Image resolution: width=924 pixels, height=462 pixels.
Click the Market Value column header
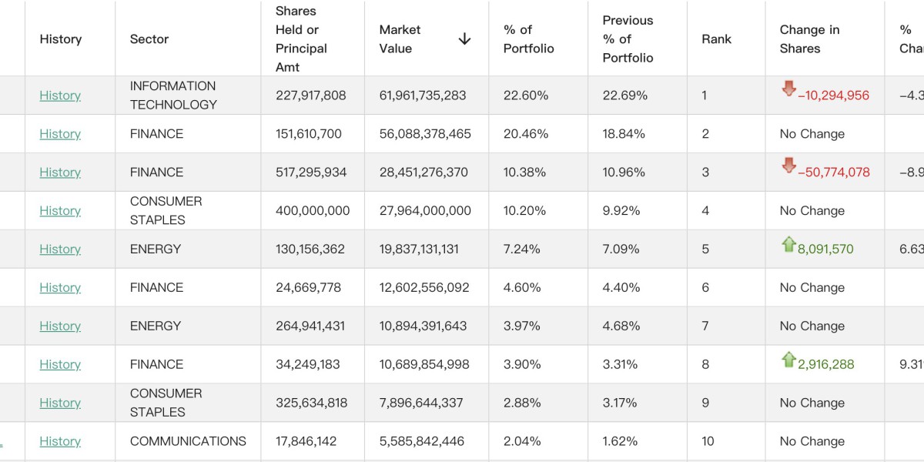[400, 39]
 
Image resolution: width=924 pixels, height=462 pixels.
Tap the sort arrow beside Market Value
[464, 39]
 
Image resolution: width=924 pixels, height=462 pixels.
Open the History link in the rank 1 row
[60, 95]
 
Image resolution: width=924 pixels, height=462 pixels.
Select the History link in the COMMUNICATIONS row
[60, 441]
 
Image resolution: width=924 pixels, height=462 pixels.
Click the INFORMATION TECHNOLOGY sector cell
[173, 95]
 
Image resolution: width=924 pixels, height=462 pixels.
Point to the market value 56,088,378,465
[425, 134]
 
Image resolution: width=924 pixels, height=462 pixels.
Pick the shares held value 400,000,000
[313, 211]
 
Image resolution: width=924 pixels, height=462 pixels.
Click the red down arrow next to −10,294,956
[788, 89]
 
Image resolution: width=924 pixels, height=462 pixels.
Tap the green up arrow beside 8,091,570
[788, 245]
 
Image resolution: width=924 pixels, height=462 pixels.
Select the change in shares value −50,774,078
[834, 172]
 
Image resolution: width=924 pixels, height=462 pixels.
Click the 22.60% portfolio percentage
[526, 95]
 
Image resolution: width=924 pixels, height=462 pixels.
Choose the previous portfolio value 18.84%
[624, 134]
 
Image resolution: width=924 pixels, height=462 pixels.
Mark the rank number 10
[708, 441]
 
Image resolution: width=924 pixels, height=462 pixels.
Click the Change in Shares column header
[809, 39]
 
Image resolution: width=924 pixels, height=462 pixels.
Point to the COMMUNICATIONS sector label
[188, 441]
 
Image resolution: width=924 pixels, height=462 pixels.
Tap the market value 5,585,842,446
[422, 441]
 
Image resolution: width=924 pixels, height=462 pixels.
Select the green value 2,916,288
[826, 365]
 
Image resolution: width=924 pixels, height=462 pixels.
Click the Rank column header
[716, 39]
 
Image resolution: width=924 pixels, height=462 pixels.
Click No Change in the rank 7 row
[812, 326]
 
